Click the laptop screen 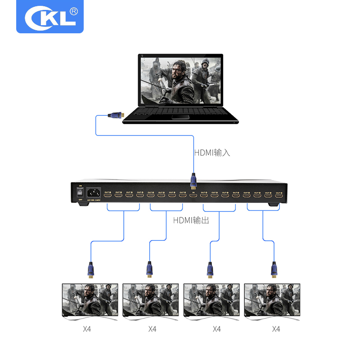pyautogui.click(x=181, y=81)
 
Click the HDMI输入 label pyautogui.click(x=212, y=153)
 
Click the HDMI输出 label pyautogui.click(x=191, y=220)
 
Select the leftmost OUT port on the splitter pyautogui.click(x=108, y=195)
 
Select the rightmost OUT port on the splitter pyautogui.click(x=279, y=196)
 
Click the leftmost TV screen pyautogui.click(x=90, y=299)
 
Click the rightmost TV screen pyautogui.click(x=272, y=299)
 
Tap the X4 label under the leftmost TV pyautogui.click(x=87, y=329)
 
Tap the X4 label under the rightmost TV pyautogui.click(x=276, y=329)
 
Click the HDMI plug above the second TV pyautogui.click(x=149, y=270)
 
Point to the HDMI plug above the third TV pyautogui.click(x=210, y=270)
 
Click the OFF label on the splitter pyautogui.click(x=81, y=200)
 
